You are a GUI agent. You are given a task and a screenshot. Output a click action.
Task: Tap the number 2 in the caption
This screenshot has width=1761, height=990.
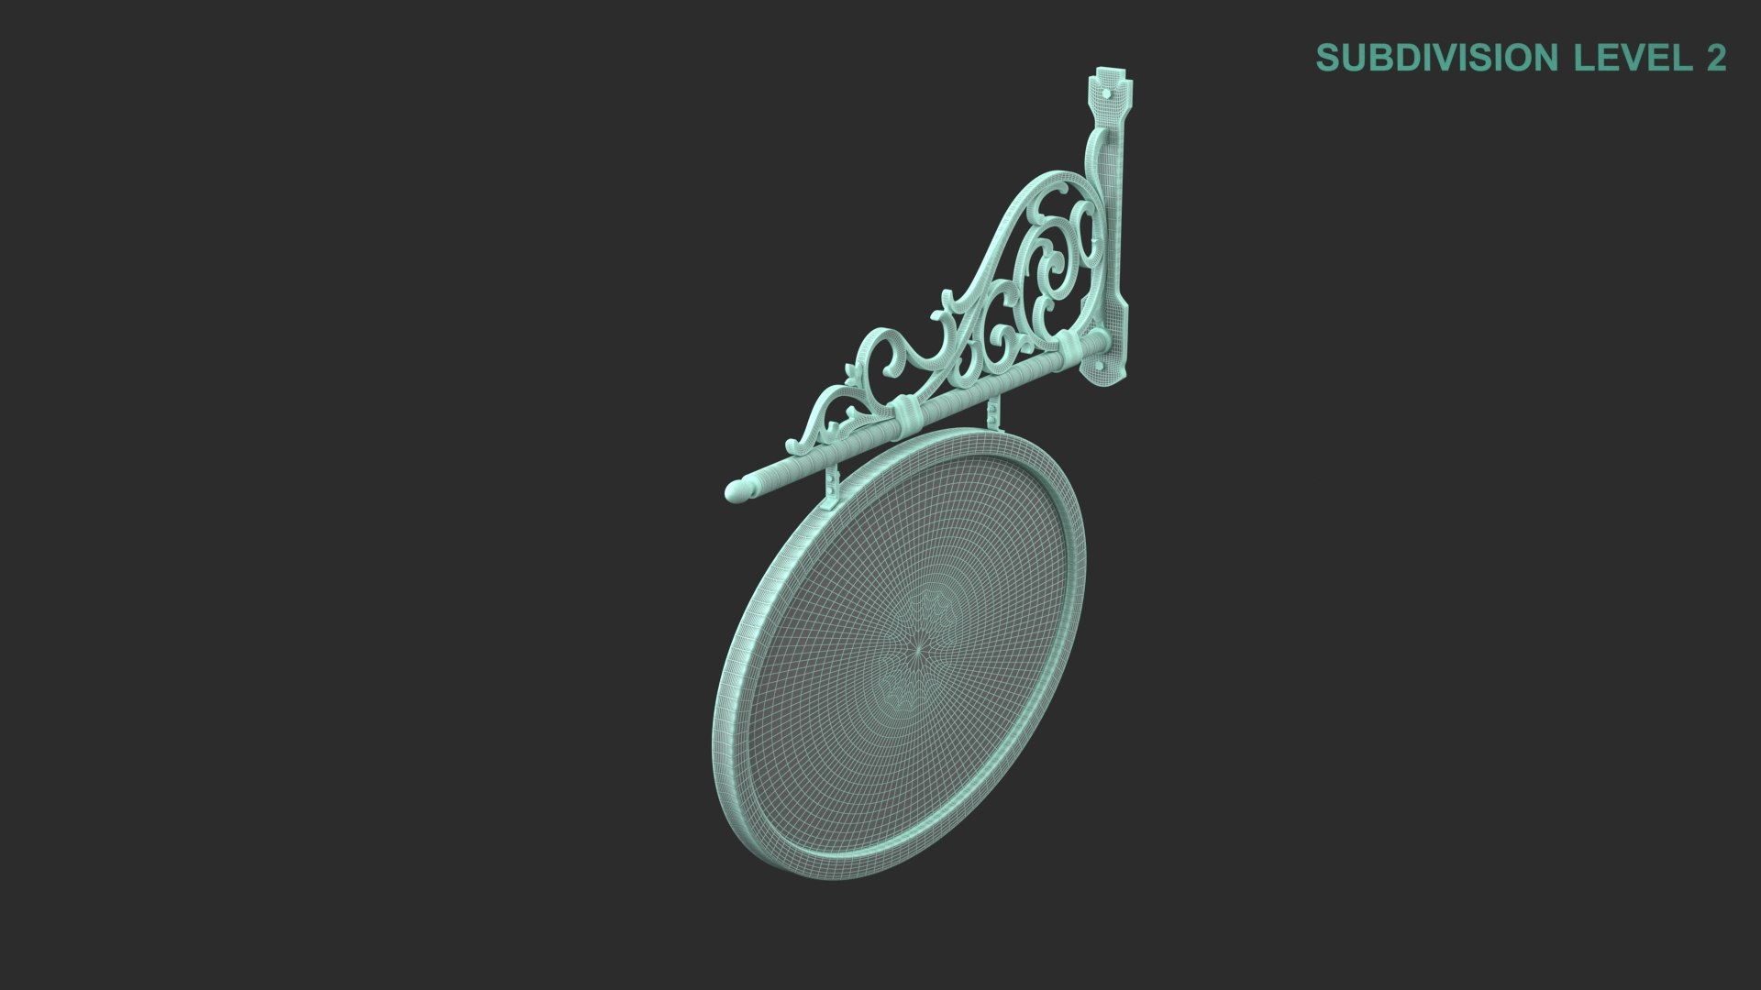click(x=1716, y=58)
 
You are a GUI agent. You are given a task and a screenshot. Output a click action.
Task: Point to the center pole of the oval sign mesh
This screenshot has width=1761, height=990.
click(x=918, y=647)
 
